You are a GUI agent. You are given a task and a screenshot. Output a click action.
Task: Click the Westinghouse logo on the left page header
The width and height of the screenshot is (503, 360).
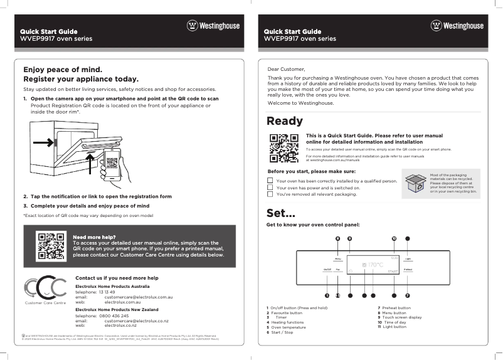click(x=213, y=26)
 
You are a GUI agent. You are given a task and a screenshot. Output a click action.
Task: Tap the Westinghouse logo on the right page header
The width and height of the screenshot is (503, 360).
click(x=457, y=26)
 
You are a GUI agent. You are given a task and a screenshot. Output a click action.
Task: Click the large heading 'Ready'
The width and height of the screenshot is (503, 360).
click(x=285, y=121)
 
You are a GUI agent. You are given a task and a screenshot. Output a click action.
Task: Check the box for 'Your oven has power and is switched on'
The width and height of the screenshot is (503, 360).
click(x=270, y=188)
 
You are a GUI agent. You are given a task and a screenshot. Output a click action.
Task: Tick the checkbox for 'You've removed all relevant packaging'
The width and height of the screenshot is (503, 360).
click(x=270, y=194)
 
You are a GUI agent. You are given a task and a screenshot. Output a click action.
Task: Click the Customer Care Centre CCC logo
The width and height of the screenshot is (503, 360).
click(x=45, y=288)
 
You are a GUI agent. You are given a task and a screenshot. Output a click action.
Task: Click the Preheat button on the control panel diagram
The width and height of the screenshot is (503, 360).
click(x=408, y=269)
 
